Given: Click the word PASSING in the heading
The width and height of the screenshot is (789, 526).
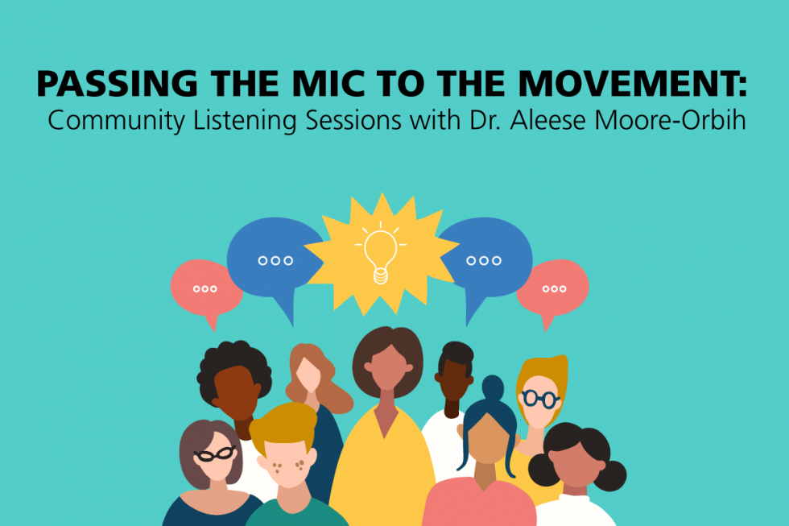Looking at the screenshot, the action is click(118, 84).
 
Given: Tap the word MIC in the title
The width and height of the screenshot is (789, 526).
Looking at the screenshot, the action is click(329, 84).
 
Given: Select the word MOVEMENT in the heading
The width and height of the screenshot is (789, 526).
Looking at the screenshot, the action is click(629, 84).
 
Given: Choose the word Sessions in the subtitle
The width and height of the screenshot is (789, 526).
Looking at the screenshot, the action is click(353, 121).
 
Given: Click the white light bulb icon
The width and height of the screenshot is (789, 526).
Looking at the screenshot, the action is click(380, 255).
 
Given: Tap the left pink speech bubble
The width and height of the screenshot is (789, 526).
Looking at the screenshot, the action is click(205, 289).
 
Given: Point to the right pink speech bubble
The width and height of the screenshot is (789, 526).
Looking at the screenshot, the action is click(553, 289).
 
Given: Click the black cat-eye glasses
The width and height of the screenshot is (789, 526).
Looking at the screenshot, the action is click(215, 454).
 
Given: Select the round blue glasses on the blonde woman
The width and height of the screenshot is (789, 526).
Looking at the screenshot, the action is click(540, 400).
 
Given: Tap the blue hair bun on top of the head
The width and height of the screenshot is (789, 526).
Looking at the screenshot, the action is click(493, 387).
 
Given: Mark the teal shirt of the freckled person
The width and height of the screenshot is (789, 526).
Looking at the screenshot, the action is click(297, 515).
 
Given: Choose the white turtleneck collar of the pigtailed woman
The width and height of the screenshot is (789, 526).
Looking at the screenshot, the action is click(576, 500).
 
